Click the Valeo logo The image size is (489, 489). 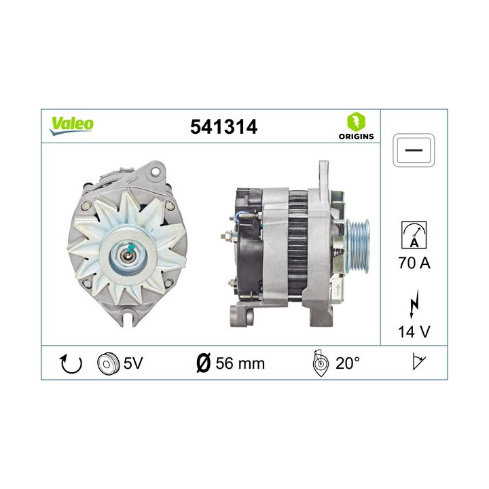coord(71,124)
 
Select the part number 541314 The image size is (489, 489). coord(225,126)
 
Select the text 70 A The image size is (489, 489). coord(414,263)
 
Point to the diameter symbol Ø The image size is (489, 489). coord(204,363)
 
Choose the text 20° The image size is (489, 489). coord(347,363)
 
